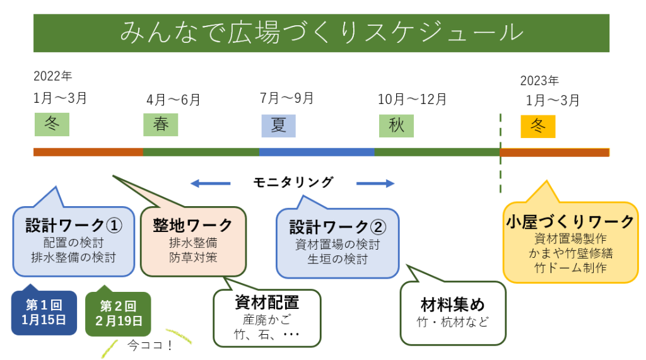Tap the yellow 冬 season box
pyautogui.click(x=537, y=125)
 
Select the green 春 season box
pyautogui.click(x=161, y=124)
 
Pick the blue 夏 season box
pyautogui.click(x=278, y=125)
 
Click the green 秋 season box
pyautogui.click(x=396, y=125)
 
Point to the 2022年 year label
pyautogui.click(x=53, y=76)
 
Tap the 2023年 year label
pyautogui.click(x=539, y=81)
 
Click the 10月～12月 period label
pyautogui.click(x=412, y=99)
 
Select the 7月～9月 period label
pyautogui.click(x=286, y=98)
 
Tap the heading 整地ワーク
pyautogui.click(x=192, y=225)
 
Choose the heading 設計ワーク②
pyautogui.click(x=338, y=227)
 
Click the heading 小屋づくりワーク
pyautogui.click(x=570, y=222)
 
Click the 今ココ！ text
pyautogui.click(x=150, y=345)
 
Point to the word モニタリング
pyautogui.click(x=293, y=183)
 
